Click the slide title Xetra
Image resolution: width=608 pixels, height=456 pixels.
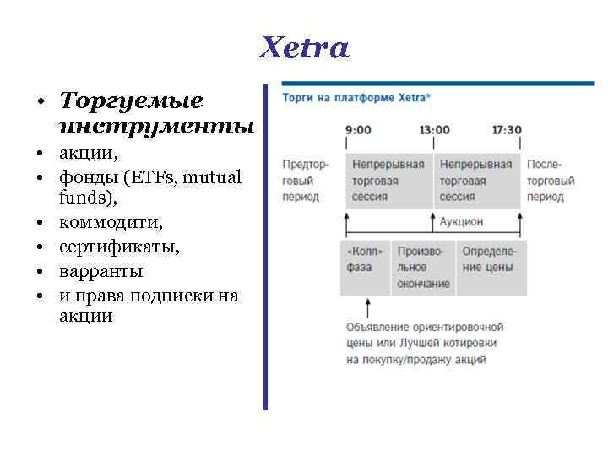[304, 47]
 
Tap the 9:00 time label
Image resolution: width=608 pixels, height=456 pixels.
[358, 130]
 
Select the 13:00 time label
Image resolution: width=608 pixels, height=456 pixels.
[434, 130]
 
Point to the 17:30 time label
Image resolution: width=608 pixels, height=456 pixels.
[506, 130]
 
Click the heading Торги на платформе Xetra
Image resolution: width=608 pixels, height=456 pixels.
[356, 98]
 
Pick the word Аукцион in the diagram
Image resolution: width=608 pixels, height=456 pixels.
[461, 221]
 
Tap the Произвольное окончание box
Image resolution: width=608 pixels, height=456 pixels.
[423, 268]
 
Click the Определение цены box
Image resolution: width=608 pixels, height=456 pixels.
[489, 259]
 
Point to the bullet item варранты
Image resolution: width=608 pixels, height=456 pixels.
[100, 272]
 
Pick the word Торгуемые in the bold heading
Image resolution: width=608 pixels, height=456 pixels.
[131, 101]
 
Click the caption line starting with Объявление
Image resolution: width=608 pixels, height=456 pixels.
[424, 327]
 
